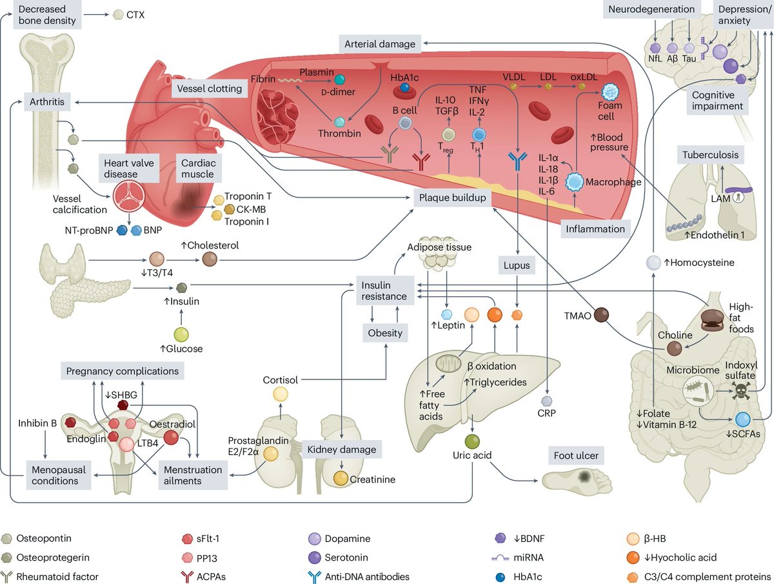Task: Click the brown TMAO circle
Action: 602,314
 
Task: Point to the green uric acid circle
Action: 473,442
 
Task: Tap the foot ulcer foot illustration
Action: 576,478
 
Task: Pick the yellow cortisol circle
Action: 281,395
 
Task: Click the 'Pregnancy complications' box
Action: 122,371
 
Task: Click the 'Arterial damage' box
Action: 381,44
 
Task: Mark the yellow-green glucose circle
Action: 183,334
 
